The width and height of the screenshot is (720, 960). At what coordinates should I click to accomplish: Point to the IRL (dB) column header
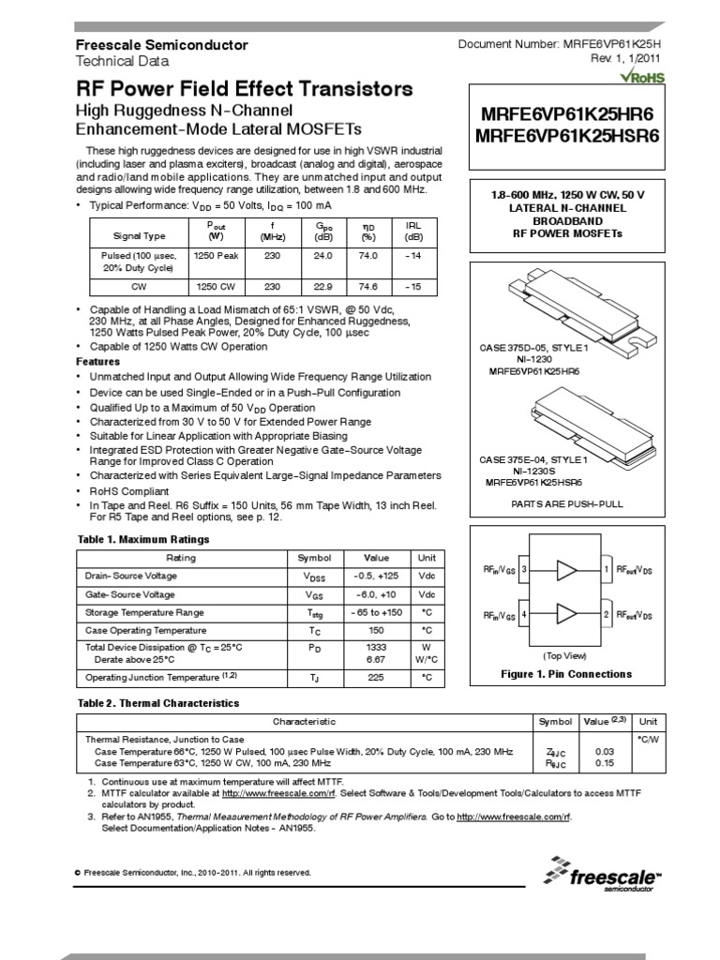[x=412, y=231]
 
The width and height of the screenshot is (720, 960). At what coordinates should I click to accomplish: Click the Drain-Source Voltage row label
[x=130, y=576]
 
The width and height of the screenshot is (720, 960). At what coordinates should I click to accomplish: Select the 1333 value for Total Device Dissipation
[x=376, y=647]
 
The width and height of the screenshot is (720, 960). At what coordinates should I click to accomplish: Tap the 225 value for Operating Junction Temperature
[x=376, y=677]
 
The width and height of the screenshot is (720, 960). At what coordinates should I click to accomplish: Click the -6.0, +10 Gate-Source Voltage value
[x=376, y=595]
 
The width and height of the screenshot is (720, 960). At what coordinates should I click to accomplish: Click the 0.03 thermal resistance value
[x=605, y=752]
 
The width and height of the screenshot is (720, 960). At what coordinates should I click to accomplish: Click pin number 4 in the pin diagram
[x=524, y=614]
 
